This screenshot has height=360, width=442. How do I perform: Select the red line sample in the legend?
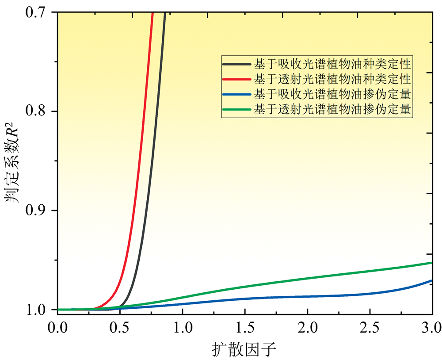[x=237, y=79]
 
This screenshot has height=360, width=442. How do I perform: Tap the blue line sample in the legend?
[x=237, y=94]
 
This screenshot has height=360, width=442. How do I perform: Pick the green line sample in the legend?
[x=237, y=109]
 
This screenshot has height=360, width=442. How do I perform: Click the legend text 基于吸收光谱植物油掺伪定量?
[x=332, y=94]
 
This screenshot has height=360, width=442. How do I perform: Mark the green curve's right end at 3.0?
[x=431, y=263]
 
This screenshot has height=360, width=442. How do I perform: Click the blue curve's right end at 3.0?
[x=431, y=280]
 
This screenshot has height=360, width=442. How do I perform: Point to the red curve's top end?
[x=152, y=14]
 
